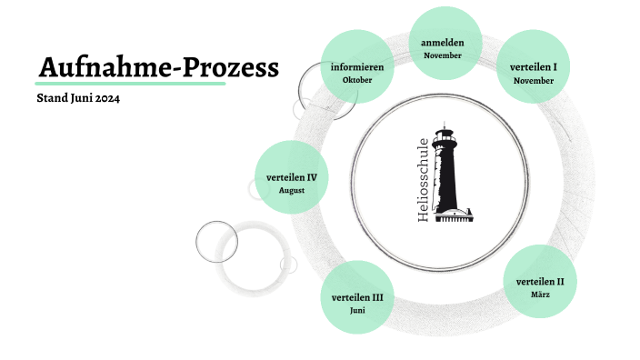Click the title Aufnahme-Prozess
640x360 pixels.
pos(159,66)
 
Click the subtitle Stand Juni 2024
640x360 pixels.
pos(78,98)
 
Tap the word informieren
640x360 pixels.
pos(357,67)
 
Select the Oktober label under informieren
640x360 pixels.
pos(357,80)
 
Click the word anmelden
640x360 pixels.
pos(443,43)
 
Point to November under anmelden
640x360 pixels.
pos(443,55)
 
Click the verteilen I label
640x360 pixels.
pos(534,67)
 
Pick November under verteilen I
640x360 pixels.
pos(534,81)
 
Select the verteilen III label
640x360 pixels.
pos(357,297)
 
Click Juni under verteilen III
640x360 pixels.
pos(357,311)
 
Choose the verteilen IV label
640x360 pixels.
pos(292,177)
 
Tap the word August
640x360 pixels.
pos(292,191)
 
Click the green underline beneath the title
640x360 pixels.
pos(132,83)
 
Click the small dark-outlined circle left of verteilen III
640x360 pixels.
pos(217,241)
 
